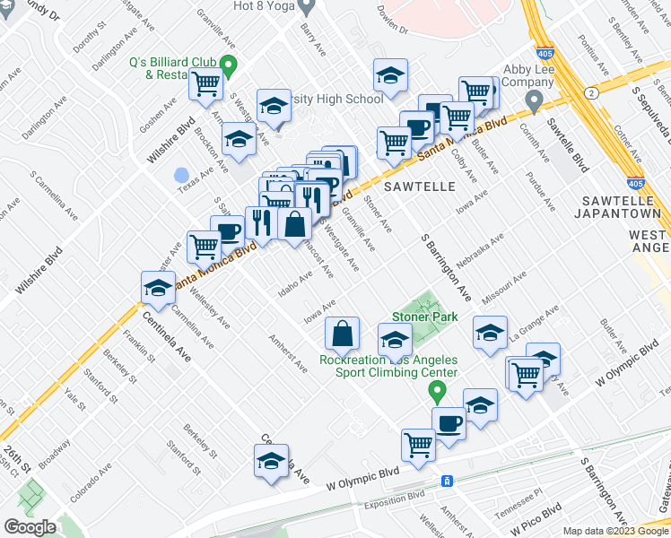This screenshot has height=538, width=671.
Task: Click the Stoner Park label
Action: pyautogui.click(x=424, y=317)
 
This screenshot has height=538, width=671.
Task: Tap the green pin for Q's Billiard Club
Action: pyautogui.click(x=228, y=65)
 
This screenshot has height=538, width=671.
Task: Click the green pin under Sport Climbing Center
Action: pyautogui.click(x=437, y=391)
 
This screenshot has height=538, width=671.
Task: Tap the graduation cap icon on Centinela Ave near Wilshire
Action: pyautogui.click(x=158, y=288)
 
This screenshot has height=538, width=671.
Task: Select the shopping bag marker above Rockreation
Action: pyautogui.click(x=344, y=334)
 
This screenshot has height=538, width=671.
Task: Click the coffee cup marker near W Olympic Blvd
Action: pyautogui.click(x=449, y=422)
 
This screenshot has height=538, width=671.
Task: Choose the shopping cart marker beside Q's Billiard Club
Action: pyautogui.click(x=206, y=85)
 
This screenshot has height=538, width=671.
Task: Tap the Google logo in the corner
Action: pyautogui.click(x=30, y=527)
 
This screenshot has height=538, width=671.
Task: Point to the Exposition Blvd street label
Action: pyautogui.click(x=404, y=495)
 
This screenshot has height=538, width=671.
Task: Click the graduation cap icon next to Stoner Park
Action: pyautogui.click(x=394, y=339)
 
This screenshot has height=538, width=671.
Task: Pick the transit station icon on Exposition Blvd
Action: pyautogui.click(x=446, y=481)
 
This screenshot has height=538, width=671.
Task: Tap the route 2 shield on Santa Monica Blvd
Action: pyautogui.click(x=590, y=92)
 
